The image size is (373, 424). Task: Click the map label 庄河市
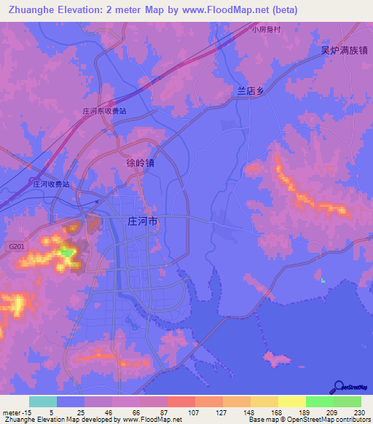142,222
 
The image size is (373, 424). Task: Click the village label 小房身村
266,30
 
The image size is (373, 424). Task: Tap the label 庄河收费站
51,185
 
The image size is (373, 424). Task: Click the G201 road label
17,248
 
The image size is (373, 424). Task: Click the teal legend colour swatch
43,401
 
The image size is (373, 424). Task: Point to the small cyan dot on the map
322,279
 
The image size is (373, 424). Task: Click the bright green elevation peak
67,253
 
